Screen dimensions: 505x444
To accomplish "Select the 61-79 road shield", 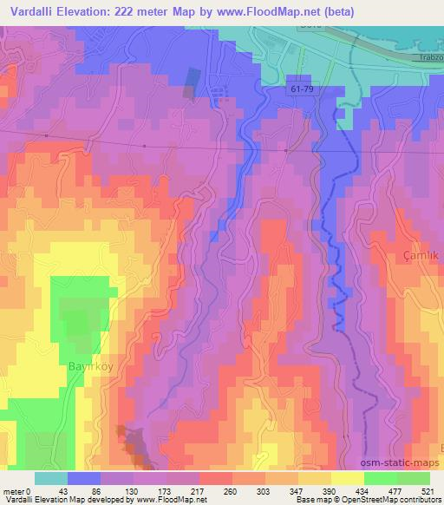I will click(300, 89).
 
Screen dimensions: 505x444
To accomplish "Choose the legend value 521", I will click(428, 493).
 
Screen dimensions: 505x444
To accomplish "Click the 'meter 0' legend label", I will click(18, 493).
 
